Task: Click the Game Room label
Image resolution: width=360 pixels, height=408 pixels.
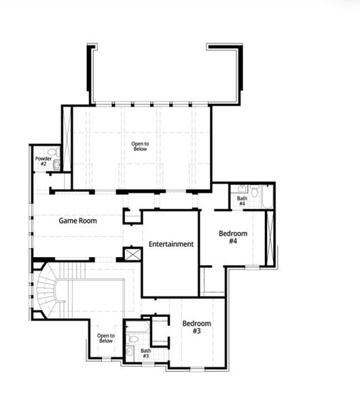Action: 77,220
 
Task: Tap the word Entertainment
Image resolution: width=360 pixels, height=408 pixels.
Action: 171,243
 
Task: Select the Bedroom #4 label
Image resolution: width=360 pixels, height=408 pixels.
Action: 232,237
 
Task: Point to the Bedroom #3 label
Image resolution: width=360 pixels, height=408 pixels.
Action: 196,326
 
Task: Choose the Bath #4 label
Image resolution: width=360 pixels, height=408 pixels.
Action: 242,201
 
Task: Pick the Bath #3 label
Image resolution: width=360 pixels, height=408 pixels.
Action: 145,353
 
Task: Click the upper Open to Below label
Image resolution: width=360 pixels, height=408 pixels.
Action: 140,146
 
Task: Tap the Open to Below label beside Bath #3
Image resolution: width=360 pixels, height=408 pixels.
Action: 106,338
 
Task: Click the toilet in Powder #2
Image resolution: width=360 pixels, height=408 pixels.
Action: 53,153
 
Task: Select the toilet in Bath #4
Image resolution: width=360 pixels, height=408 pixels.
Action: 254,192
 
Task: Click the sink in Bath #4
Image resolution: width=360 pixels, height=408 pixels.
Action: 239,190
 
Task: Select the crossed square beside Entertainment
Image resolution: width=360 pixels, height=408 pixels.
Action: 131,254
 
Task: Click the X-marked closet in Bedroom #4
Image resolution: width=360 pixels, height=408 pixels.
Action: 269,238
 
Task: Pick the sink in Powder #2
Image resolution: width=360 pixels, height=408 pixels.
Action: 57,165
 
